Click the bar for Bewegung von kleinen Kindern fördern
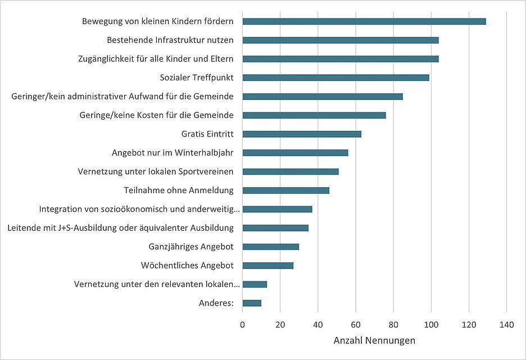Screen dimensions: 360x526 point(364,21)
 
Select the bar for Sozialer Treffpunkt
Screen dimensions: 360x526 point(335,78)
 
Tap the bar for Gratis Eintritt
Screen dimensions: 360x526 point(302,134)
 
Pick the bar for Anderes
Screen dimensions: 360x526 point(252,303)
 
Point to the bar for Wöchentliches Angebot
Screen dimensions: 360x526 point(267,266)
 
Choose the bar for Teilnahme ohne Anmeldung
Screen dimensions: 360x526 point(285,190)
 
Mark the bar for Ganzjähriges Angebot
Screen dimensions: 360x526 point(270,247)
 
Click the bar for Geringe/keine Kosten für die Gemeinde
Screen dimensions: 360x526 point(314,115)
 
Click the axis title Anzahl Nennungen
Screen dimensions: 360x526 point(374,341)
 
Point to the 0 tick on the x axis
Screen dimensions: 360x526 point(243,324)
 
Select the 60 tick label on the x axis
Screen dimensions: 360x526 point(356,324)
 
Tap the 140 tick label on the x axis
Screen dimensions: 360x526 point(506,324)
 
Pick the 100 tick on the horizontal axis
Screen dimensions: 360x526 point(431,324)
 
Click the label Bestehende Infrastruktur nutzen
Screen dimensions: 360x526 point(170,40)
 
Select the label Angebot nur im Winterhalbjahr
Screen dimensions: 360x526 point(173,153)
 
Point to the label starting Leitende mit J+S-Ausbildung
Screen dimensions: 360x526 point(125,228)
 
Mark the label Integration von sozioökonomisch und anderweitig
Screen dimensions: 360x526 point(140,209)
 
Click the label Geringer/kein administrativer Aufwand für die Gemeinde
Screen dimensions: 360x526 point(123,97)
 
